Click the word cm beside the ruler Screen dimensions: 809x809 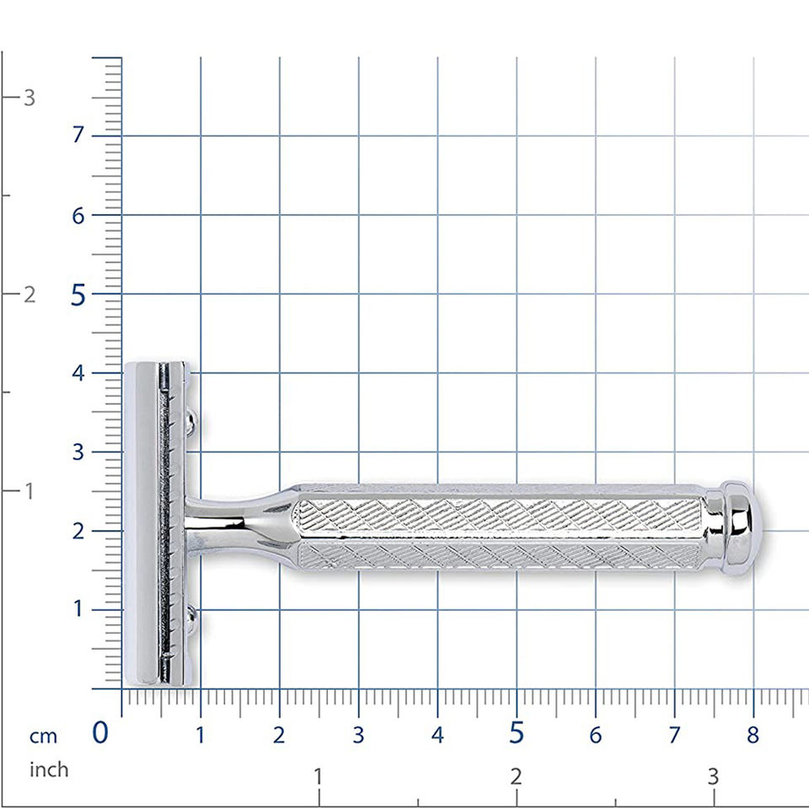tap(43, 737)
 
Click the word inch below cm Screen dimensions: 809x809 tap(49, 769)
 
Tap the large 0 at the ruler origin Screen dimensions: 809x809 tap(100, 732)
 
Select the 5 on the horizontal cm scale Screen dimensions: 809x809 tap(517, 732)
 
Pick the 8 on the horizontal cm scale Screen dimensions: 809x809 tap(753, 735)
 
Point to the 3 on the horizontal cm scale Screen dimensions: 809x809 tap(359, 735)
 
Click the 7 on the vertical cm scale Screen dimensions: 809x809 tap(78, 135)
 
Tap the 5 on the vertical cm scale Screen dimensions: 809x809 tap(78, 295)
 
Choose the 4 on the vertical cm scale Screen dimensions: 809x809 tap(78, 373)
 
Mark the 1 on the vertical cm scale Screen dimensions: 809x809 tap(78, 608)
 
